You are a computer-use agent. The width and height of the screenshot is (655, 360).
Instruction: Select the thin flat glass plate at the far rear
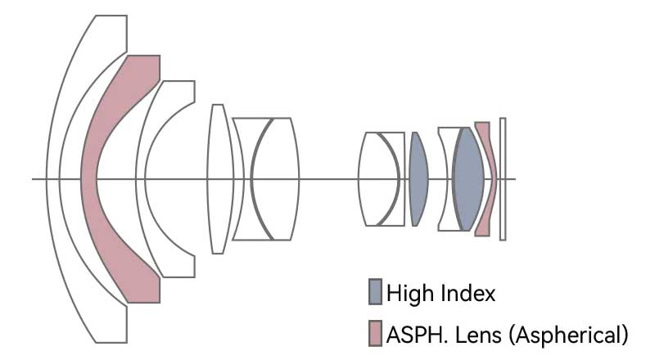[503, 179]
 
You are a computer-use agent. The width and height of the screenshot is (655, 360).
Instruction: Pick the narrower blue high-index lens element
[418, 178]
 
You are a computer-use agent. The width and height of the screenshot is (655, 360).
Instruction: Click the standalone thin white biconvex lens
[217, 178]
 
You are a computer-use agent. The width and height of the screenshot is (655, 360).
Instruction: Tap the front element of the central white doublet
[242, 178]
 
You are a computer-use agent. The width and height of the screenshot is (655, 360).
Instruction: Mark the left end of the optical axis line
[34, 179]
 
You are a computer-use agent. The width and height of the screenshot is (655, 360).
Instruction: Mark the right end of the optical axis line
[515, 179]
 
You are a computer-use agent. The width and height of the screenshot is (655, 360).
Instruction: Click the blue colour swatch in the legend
[375, 291]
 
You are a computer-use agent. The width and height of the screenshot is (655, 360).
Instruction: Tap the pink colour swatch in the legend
[375, 333]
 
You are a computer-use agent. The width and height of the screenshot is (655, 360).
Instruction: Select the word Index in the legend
[467, 292]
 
